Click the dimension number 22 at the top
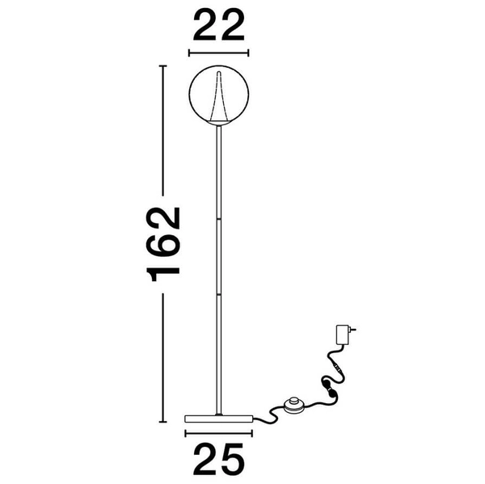click(x=219, y=25)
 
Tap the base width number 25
click(x=219, y=459)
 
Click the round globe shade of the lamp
click(x=189, y=93)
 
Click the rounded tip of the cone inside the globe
click(x=219, y=73)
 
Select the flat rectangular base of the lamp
click(x=219, y=419)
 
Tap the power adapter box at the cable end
click(x=343, y=335)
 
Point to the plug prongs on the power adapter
click(x=352, y=330)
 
